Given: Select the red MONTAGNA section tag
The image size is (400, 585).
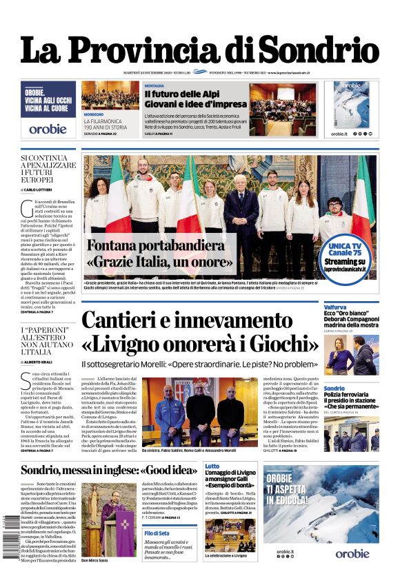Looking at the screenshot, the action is pyautogui.click(x=154, y=86).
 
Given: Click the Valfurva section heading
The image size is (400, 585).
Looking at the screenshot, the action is pyautogui.click(x=335, y=307).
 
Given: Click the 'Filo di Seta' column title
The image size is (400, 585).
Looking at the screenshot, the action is pyautogui.click(x=158, y=533).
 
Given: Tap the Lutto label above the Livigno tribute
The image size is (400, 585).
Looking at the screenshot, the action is pyautogui.click(x=212, y=466).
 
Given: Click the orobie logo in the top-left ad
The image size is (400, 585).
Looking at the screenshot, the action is pyautogui.click(x=48, y=128).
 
